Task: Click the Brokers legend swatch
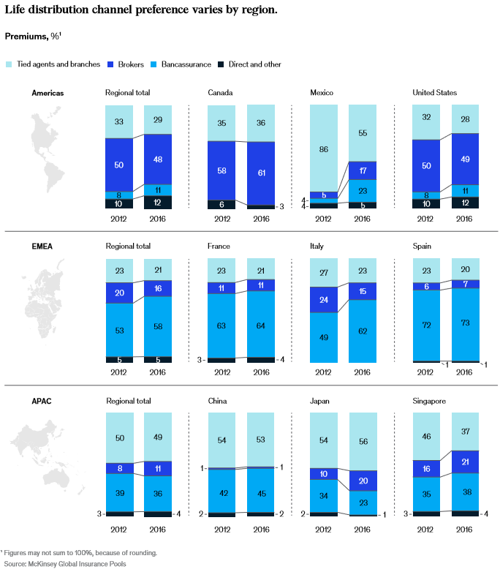tap(112, 64)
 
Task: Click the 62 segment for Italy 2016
tap(362, 331)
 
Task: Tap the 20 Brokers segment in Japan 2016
tap(362, 481)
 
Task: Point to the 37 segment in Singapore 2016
tap(465, 432)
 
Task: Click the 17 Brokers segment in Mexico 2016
tap(362, 171)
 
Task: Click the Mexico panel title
tap(322, 93)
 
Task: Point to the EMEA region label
tap(43, 247)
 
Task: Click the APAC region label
tap(42, 401)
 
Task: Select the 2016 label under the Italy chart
tap(362, 372)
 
